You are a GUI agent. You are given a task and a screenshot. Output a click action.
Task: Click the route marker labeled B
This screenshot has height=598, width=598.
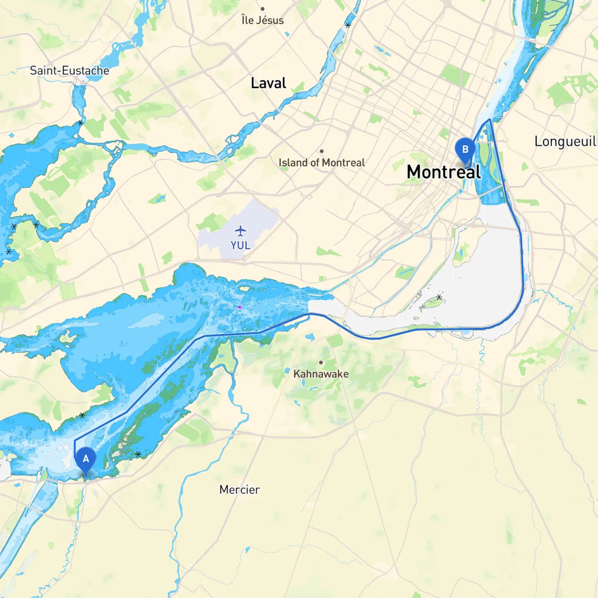(465, 150)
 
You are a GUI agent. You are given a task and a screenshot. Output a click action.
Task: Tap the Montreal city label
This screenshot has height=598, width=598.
(443, 172)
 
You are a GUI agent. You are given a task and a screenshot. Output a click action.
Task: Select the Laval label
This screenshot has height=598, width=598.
(268, 83)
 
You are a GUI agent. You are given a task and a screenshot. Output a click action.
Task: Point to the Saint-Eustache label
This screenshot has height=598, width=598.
(70, 71)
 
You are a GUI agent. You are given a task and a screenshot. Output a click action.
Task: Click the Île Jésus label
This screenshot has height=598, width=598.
(263, 20)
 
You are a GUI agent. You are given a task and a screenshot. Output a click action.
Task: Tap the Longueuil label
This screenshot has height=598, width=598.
(565, 141)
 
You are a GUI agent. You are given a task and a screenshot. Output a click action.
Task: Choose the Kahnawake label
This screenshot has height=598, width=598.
(321, 374)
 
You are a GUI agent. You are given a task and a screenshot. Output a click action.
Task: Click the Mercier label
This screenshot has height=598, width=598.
(239, 490)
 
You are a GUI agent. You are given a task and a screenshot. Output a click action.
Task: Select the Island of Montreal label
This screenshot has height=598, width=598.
(321, 163)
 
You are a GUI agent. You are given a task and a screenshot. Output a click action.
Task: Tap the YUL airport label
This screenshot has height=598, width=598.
(240, 245)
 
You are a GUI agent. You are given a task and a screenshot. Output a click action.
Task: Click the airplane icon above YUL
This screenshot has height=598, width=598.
(240, 231)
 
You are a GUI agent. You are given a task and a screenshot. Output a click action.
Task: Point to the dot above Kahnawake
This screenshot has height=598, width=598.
(321, 363)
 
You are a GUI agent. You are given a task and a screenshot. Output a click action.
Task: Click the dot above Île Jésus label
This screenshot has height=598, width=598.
(263, 9)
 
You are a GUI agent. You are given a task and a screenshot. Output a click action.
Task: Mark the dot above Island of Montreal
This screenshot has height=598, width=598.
(321, 151)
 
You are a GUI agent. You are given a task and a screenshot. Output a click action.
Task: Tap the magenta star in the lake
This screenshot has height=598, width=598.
(240, 307)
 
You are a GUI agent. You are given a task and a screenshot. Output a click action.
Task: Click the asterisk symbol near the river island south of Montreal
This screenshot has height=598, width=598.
(439, 297)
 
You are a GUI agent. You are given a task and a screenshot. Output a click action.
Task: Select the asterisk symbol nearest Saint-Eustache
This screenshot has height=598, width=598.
(80, 123)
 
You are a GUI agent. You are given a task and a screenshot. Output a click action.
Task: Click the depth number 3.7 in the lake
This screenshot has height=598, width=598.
(123, 344)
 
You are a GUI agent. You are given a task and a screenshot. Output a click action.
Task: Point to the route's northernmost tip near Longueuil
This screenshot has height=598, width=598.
(489, 120)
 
